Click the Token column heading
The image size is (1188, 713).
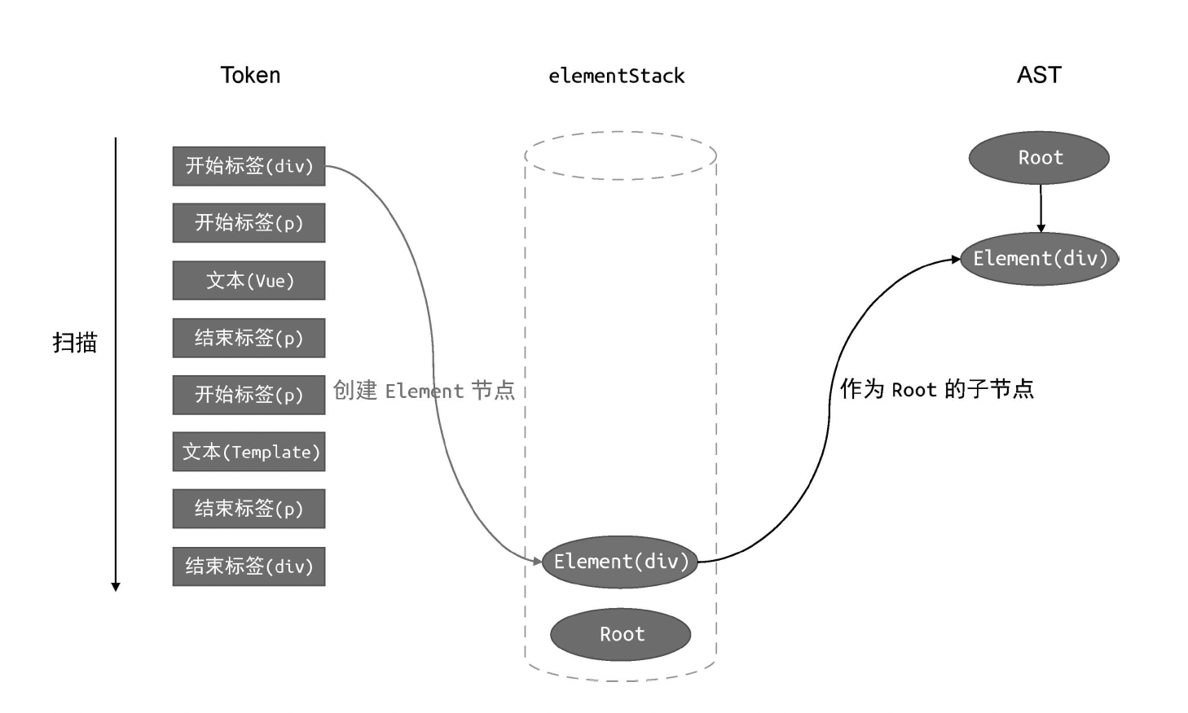pyautogui.click(x=250, y=76)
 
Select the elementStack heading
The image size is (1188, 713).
pyautogui.click(x=616, y=77)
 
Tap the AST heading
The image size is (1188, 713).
pyautogui.click(x=1039, y=75)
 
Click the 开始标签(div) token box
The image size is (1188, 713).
pyautogui.click(x=249, y=166)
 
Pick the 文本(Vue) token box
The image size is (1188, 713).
pyautogui.click(x=249, y=281)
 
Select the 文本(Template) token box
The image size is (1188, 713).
pyautogui.click(x=249, y=452)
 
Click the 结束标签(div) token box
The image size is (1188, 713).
pyautogui.click(x=249, y=566)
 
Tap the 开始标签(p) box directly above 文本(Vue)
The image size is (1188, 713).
pyautogui.click(x=249, y=223)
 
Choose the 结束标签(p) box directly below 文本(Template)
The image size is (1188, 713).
pyautogui.click(x=249, y=509)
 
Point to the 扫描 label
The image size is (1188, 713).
pyautogui.click(x=75, y=342)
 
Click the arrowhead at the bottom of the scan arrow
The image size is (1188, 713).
pyautogui.click(x=116, y=586)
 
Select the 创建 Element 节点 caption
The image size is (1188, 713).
pyautogui.click(x=424, y=391)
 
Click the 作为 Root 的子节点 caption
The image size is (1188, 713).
pyautogui.click(x=937, y=389)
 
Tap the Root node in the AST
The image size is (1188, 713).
pyautogui.click(x=1039, y=158)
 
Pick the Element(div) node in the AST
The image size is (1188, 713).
pyautogui.click(x=1039, y=259)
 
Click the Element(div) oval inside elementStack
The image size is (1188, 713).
pyautogui.click(x=620, y=562)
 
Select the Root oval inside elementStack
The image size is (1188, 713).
pyautogui.click(x=620, y=635)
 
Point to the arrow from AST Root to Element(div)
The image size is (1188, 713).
pyautogui.click(x=1041, y=208)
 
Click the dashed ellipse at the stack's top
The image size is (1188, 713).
pyautogui.click(x=620, y=133)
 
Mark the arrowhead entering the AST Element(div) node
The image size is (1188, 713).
pyautogui.click(x=956, y=260)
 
